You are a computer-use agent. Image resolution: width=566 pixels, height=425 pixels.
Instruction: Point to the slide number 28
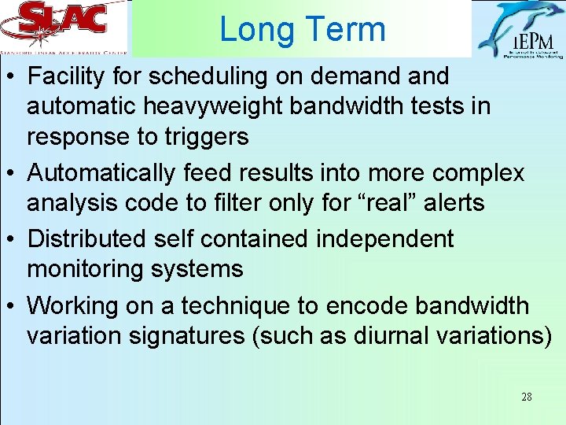[x=526, y=397]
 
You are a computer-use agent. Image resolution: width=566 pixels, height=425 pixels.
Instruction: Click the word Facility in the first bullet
[x=72, y=76]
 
